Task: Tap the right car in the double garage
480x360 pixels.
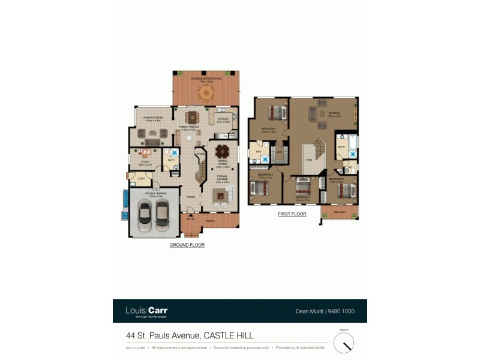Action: pyautogui.click(x=161, y=212)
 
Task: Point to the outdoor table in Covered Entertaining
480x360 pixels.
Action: pyautogui.click(x=206, y=92)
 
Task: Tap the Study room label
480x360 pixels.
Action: pyautogui.click(x=145, y=162)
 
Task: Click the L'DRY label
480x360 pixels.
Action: pyautogui.click(x=142, y=179)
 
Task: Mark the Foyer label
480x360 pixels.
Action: pyautogui.click(x=191, y=197)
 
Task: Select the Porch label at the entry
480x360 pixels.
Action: pyautogui.click(x=211, y=221)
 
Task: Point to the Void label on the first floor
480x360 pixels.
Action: pyautogui.click(x=309, y=160)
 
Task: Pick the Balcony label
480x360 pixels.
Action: pyautogui.click(x=339, y=212)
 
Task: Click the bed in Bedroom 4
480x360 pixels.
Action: pyautogui.click(x=344, y=190)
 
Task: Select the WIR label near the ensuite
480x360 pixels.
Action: pyautogui.click(x=280, y=152)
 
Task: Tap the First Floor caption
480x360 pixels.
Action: pyautogui.click(x=292, y=214)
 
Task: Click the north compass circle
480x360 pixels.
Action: pyautogui.click(x=344, y=343)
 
